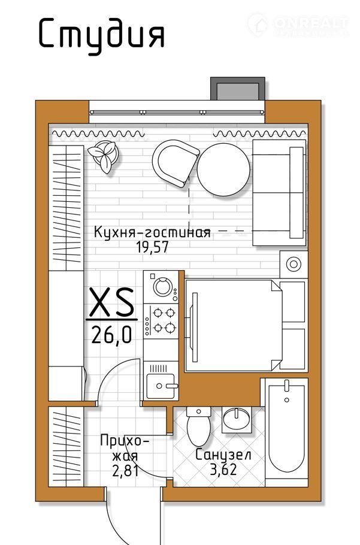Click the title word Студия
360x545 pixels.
tap(101, 34)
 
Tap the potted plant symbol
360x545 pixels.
tap(102, 156)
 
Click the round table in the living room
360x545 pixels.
tap(223, 169)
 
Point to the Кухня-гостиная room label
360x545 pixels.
tap(152, 232)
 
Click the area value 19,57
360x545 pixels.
tap(152, 247)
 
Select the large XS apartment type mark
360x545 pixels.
tap(111, 302)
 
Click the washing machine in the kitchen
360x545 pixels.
tap(162, 287)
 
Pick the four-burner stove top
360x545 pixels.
tap(162, 320)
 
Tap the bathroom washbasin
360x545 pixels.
tap(237, 419)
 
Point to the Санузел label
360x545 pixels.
tap(223, 455)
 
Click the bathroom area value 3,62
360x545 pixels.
tap(223, 469)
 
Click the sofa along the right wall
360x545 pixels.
tap(279, 193)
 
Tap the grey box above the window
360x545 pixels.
tap(238, 89)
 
